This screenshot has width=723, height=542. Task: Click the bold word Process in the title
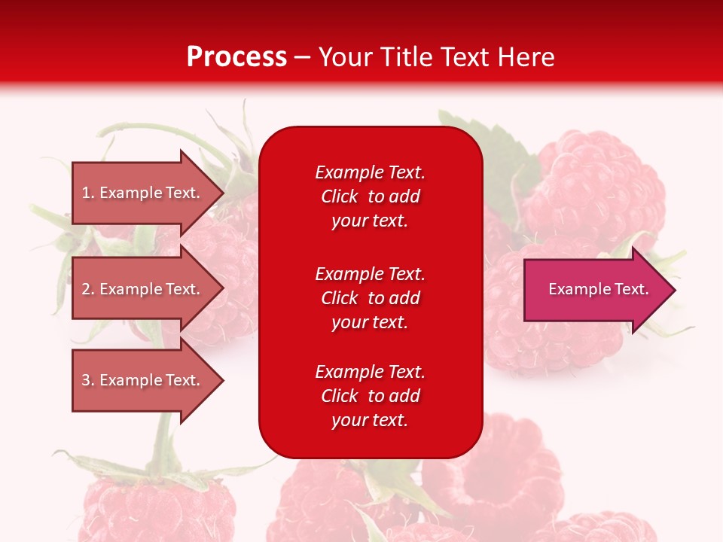pyautogui.click(x=236, y=57)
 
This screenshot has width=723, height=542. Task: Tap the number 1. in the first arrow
pyautogui.click(x=87, y=193)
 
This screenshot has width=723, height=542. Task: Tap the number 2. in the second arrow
pyautogui.click(x=87, y=289)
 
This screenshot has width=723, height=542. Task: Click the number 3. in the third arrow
pyautogui.click(x=87, y=380)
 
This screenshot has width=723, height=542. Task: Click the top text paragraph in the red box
pyautogui.click(x=370, y=196)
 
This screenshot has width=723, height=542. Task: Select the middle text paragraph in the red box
pyautogui.click(x=370, y=298)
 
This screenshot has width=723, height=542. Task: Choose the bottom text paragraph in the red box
pyautogui.click(x=370, y=396)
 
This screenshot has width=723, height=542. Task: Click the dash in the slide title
pyautogui.click(x=303, y=57)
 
